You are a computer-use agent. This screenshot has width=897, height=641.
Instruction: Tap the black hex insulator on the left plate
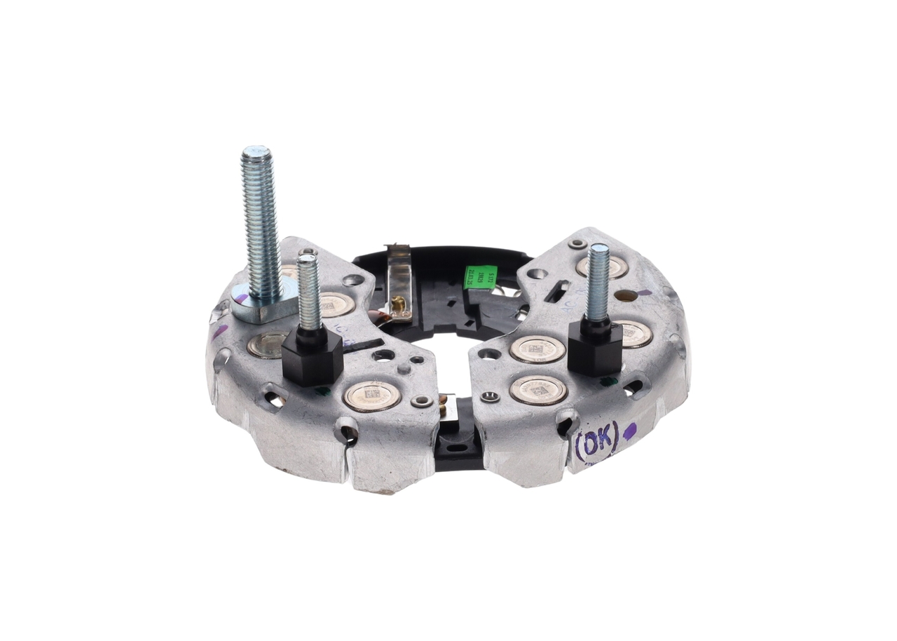tap(313, 358)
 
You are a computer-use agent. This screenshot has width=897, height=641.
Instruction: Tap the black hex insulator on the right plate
tap(595, 348)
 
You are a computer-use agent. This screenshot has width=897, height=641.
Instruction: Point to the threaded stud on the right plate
tap(598, 282)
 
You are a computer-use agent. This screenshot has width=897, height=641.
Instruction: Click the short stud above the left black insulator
tap(308, 291)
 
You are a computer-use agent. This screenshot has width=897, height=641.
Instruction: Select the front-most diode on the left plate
tap(371, 396)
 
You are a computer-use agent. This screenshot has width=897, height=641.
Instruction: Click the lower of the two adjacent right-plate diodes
tap(538, 390)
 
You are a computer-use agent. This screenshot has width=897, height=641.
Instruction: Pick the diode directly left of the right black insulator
tap(537, 349)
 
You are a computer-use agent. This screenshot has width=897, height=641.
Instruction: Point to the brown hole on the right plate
tap(626, 295)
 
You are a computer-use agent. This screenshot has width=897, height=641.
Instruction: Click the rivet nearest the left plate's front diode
tap(421, 401)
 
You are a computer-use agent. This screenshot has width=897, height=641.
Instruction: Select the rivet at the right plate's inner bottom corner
tap(491, 398)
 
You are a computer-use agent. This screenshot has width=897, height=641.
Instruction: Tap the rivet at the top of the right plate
tap(577, 244)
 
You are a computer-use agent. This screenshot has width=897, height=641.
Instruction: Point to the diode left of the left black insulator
tap(266, 345)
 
